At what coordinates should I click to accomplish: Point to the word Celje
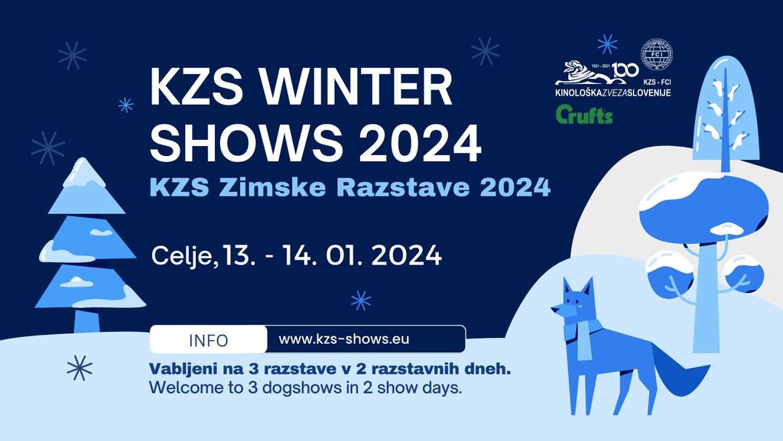coord(184,255)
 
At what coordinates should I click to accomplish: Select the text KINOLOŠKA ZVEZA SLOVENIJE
coord(613,94)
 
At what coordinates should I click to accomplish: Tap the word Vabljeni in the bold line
coord(180,369)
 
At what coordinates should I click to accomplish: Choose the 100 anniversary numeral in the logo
coord(626,70)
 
